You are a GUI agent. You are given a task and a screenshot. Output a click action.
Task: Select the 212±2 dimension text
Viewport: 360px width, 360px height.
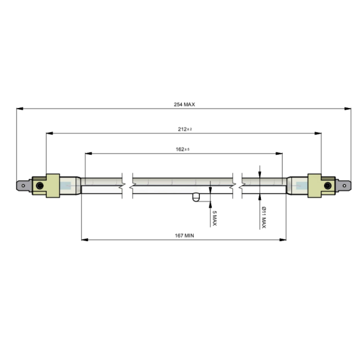184,129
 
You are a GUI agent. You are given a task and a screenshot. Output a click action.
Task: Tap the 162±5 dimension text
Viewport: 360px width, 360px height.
183,149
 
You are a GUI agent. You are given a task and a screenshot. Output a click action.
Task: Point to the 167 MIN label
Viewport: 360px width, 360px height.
184,236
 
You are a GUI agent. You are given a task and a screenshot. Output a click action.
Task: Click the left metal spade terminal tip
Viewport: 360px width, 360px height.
23,186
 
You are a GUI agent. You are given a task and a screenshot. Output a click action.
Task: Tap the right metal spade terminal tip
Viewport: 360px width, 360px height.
344,186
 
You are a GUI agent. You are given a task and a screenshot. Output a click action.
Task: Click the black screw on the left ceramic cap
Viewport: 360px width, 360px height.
40,186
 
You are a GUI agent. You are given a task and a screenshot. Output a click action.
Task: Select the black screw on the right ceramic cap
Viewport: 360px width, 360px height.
327,186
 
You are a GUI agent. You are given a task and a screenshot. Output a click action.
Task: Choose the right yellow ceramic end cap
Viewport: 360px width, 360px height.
317,185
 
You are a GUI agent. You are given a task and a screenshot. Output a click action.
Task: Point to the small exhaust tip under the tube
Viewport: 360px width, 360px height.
196,198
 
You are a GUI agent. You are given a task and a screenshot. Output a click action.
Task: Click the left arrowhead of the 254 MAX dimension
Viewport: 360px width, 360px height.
19,109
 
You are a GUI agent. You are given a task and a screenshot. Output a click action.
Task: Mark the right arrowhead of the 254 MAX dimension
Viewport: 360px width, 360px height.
349,109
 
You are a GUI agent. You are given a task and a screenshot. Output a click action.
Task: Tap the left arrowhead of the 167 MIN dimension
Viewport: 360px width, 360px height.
84,240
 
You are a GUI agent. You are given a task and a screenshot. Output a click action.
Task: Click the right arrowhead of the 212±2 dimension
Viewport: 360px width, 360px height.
319,133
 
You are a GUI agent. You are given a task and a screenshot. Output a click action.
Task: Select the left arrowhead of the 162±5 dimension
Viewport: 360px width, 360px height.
88,154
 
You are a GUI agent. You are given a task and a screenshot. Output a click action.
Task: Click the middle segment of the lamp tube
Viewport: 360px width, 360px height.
182,185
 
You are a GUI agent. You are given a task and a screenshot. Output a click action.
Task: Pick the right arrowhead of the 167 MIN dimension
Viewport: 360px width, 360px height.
283,240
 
